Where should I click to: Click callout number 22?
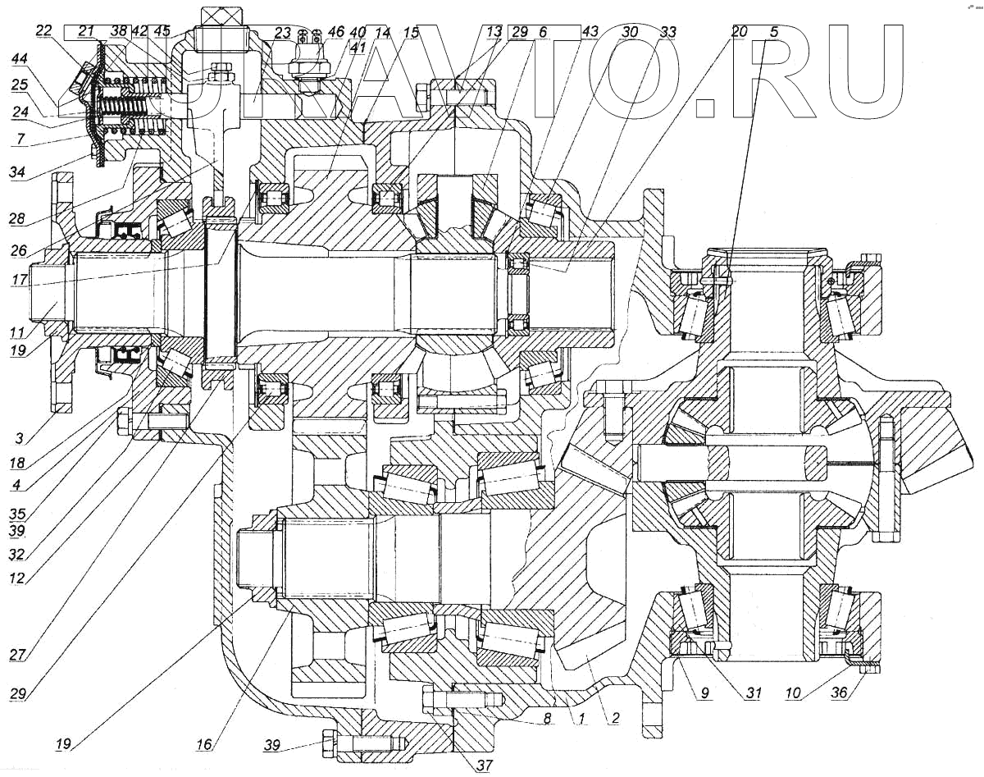point(44,31)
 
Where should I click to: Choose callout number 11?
point(18,332)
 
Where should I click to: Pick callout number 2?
point(610,716)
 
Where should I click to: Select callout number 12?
point(18,577)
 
